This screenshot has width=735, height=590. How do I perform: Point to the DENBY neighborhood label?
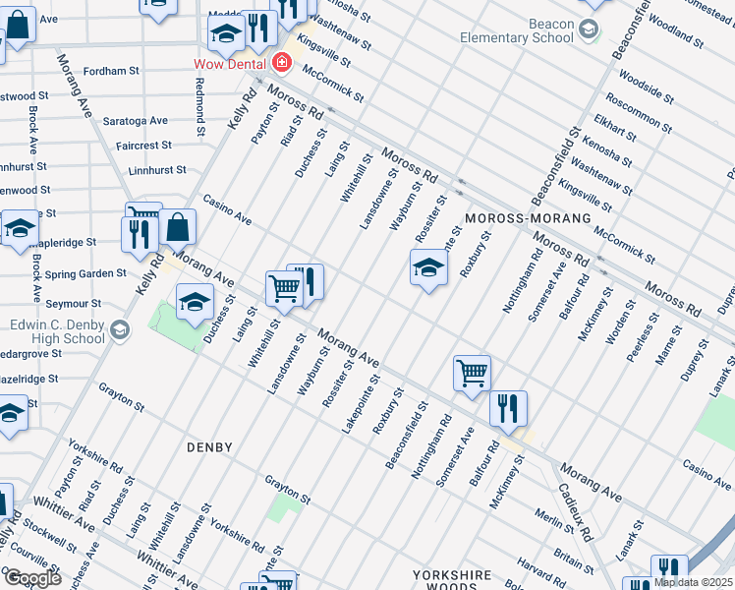tap(209, 447)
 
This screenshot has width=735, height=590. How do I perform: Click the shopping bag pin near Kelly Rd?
tap(178, 228)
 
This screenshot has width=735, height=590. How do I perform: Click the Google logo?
tap(31, 578)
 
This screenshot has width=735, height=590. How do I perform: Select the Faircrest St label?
tap(143, 146)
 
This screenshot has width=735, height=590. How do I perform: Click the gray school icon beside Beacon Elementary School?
tap(589, 29)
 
